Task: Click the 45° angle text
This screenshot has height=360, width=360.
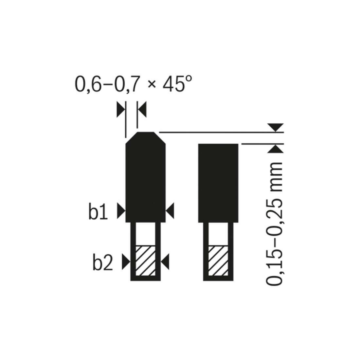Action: coord(177,84)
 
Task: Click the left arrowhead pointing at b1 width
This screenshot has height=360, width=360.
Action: coord(121,211)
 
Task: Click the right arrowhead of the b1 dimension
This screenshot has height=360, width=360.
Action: coord(170,211)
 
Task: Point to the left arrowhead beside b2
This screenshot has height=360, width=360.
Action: coord(126,261)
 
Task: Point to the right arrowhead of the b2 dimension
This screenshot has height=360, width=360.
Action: coord(165,261)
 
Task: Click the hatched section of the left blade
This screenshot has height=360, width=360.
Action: coord(146,261)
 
